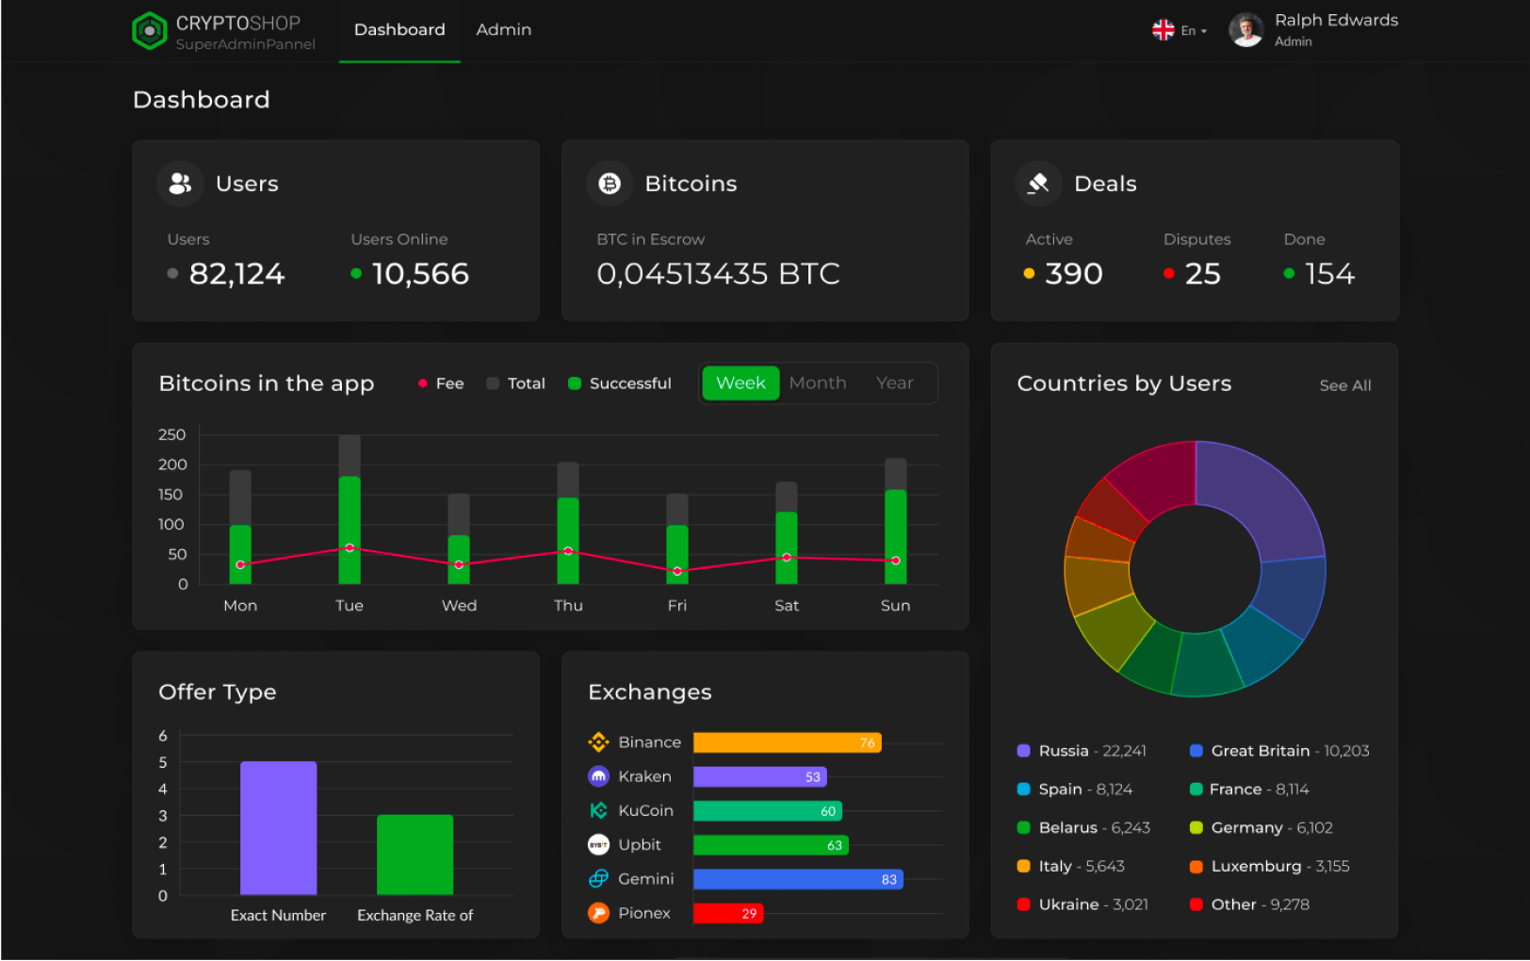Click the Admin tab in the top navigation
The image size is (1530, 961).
[503, 30]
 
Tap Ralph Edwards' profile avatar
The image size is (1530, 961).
[1245, 30]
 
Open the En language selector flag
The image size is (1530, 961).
[1164, 30]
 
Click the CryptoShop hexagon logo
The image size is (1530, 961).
[149, 31]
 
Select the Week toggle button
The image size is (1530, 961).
[741, 383]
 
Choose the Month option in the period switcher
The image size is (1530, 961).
[817, 383]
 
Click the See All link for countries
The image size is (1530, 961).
[1344, 385]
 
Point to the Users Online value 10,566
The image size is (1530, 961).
[420, 274]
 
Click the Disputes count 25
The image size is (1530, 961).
[1202, 274]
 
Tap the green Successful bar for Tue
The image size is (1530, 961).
[350, 518]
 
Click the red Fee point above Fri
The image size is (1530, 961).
[677, 571]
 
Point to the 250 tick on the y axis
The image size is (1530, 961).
[172, 434]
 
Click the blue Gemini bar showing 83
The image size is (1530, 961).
[797, 879]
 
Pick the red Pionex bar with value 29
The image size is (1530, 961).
[727, 913]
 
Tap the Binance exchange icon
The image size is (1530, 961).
[598, 742]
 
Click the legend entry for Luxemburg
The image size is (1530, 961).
[1255, 866]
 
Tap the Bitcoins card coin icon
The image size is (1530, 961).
[610, 184]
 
